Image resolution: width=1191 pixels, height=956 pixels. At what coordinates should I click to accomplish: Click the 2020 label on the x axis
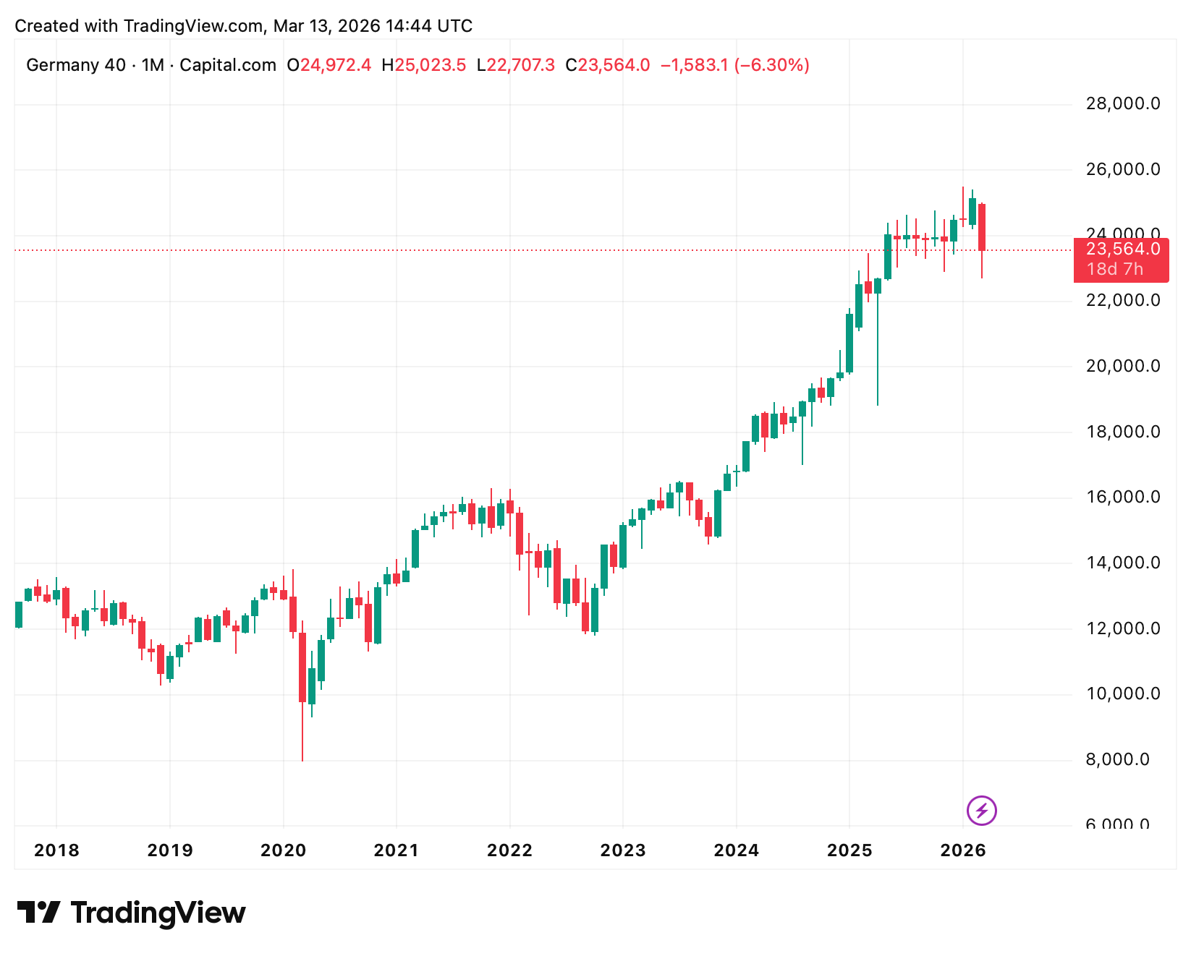pyautogui.click(x=283, y=850)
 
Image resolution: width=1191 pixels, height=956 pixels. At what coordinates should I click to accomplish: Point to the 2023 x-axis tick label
pyautogui.click(x=622, y=850)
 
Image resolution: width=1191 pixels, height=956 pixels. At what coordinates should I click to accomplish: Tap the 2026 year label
pyautogui.click(x=962, y=850)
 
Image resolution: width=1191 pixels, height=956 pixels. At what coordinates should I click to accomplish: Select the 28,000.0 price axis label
pyautogui.click(x=1122, y=104)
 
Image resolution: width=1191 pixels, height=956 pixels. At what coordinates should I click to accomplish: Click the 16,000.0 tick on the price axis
pyautogui.click(x=1122, y=498)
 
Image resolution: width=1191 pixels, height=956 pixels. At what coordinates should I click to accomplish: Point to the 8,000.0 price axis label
pyautogui.click(x=1117, y=760)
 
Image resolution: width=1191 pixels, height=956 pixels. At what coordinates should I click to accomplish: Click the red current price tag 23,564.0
pyautogui.click(x=1122, y=249)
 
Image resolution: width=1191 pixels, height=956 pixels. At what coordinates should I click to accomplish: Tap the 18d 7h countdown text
pyautogui.click(x=1114, y=270)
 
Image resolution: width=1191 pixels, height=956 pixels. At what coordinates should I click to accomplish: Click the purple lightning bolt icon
pyautogui.click(x=981, y=810)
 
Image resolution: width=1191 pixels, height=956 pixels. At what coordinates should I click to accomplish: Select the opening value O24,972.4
pyautogui.click(x=329, y=66)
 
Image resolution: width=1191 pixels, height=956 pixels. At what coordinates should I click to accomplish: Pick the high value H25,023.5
pyautogui.click(x=424, y=66)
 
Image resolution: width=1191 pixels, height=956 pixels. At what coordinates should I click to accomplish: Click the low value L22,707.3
pyautogui.click(x=516, y=66)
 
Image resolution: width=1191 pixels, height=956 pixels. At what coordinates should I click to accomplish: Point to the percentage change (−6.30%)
pyautogui.click(x=772, y=66)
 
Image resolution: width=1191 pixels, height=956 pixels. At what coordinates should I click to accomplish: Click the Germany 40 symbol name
pyautogui.click(x=76, y=66)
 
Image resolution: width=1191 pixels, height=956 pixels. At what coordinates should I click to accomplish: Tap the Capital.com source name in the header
pyautogui.click(x=228, y=66)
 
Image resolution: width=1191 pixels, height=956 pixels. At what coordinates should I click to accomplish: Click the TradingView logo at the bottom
pyautogui.click(x=131, y=913)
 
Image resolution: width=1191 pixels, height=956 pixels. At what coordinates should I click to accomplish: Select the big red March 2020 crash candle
pyautogui.click(x=302, y=667)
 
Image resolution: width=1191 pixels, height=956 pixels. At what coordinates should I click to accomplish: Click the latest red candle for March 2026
pyautogui.click(x=982, y=228)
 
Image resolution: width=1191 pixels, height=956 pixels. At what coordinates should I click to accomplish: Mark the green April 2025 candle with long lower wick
pyautogui.click(x=878, y=286)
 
